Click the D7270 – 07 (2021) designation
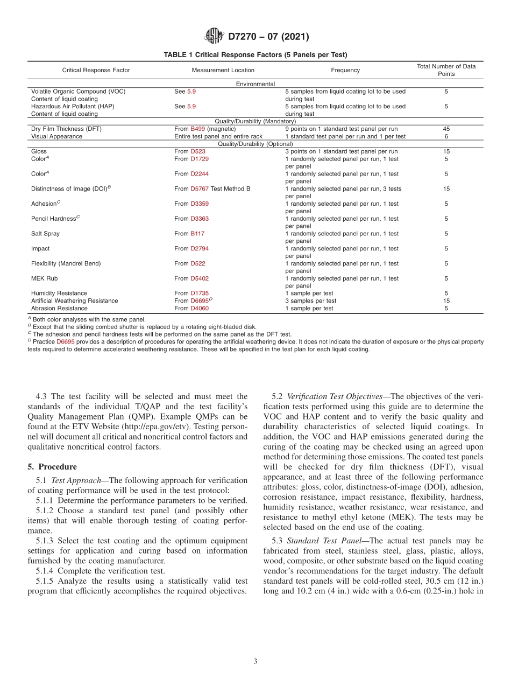pyautogui.click(x=268, y=37)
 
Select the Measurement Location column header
pyautogui.click(x=223, y=70)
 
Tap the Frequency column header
pyautogui.click(x=345, y=70)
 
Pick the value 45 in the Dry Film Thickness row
pyautogui.click(x=446, y=129)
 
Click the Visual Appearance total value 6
pyautogui.click(x=446, y=137)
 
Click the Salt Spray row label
pyautogui.click(x=46, y=234)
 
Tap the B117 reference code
pyautogui.click(x=197, y=234)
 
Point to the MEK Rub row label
pyautogui.click(x=45, y=278)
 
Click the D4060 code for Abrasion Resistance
pyautogui.click(x=200, y=309)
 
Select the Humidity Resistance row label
pyautogui.click(x=59, y=293)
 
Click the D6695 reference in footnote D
pyautogui.click(x=65, y=342)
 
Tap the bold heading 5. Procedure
pyautogui.click(x=52, y=467)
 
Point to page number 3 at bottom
pyautogui.click(x=256, y=661)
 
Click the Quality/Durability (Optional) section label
pyautogui.click(x=255, y=144)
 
